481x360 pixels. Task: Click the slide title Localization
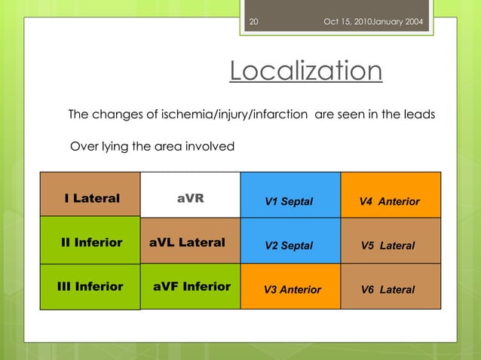(x=305, y=72)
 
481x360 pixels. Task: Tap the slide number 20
(x=253, y=21)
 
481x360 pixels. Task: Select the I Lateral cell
(x=90, y=198)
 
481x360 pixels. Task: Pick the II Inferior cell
(x=90, y=243)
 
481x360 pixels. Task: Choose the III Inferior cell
(x=90, y=287)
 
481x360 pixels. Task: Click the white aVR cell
(x=190, y=198)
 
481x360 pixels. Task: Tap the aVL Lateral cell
(x=190, y=243)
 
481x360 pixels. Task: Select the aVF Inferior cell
(x=190, y=287)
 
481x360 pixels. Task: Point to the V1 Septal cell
(x=290, y=200)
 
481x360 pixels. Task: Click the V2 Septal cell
(x=290, y=245)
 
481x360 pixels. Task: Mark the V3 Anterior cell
(x=290, y=289)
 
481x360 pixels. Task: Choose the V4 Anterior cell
(x=391, y=200)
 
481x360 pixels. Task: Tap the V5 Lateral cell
(x=391, y=245)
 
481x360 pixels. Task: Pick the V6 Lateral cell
(x=391, y=289)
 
